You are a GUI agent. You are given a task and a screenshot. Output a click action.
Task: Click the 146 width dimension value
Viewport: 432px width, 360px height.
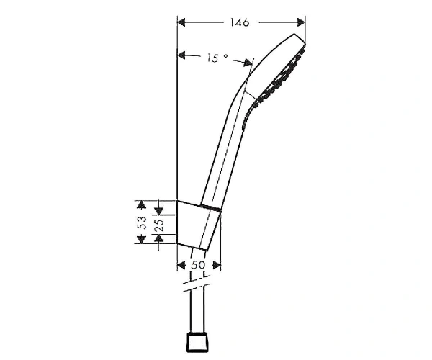[x=240, y=22]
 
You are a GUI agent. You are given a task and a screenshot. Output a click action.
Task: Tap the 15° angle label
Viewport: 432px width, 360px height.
[x=217, y=58]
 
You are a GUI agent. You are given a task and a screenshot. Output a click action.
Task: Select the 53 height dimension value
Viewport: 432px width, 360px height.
[x=142, y=222]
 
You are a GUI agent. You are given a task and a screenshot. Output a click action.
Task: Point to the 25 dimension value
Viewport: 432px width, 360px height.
[x=160, y=225]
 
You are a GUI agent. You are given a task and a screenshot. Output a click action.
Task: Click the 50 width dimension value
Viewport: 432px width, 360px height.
[x=198, y=265]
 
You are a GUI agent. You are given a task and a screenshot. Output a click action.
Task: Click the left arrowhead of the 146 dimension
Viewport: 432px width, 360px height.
[x=181, y=22]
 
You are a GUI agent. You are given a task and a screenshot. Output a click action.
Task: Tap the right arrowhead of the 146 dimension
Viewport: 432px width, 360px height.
[x=301, y=22]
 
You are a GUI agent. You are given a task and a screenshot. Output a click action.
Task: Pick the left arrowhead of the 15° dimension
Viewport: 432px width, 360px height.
[x=181, y=55]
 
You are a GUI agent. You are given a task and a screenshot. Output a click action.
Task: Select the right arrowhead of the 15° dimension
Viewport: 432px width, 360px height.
[x=248, y=63]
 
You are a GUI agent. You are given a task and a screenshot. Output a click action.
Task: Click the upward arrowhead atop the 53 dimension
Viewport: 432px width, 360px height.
[x=141, y=204]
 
